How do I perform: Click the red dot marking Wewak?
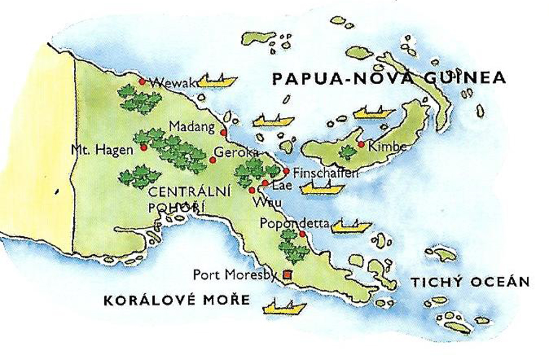[142, 82]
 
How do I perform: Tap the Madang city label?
[192, 126]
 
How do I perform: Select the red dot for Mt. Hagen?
[143, 147]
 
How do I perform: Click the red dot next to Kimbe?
[361, 144]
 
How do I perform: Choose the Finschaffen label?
[325, 173]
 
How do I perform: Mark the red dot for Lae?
[264, 183]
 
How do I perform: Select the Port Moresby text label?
[235, 275]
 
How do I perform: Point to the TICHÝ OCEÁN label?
[469, 282]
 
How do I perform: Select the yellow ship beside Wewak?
[217, 81]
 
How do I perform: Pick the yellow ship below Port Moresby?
[284, 307]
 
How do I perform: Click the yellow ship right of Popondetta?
[351, 225]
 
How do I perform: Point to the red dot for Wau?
[252, 190]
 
